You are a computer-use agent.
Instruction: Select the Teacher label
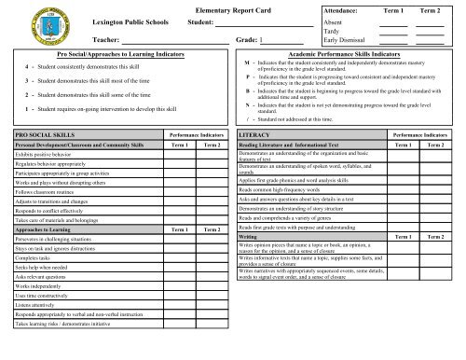(106, 40)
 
